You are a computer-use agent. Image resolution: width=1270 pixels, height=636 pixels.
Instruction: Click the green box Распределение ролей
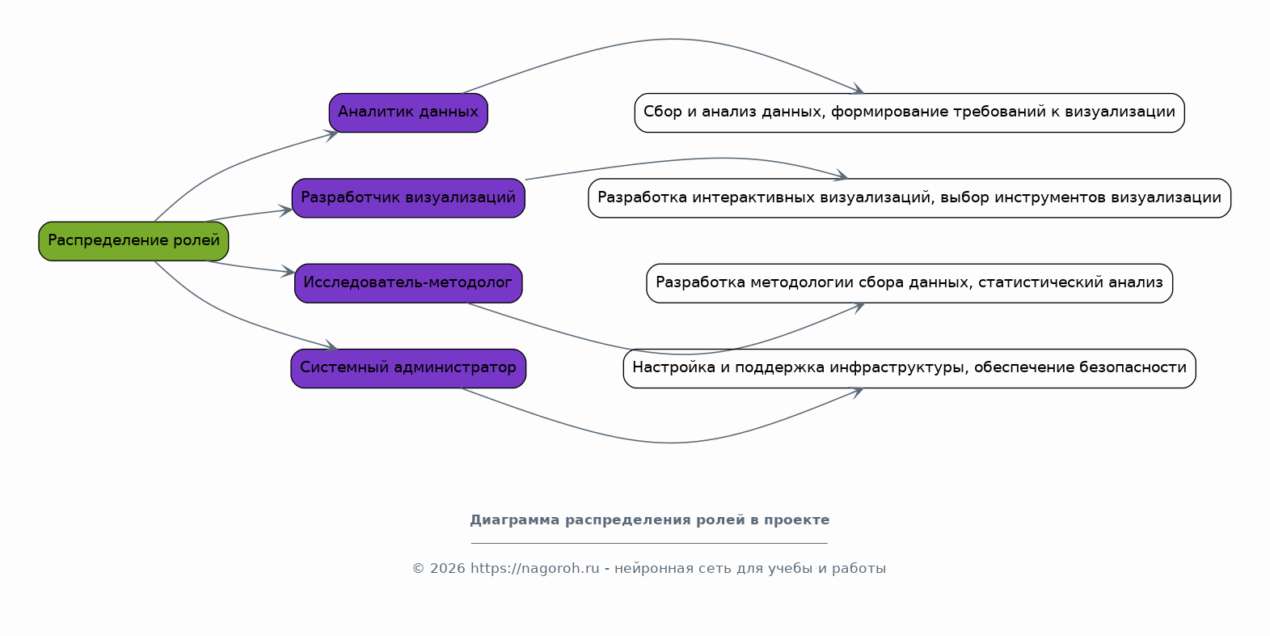tap(133, 241)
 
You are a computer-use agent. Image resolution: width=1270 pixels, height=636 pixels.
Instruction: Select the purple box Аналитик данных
tap(408, 113)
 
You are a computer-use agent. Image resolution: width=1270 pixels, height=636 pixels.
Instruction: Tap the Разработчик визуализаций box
tap(408, 198)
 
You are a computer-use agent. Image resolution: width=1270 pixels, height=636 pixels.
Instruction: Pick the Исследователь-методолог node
tap(408, 283)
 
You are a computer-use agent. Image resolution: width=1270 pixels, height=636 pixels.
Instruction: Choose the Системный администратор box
tap(408, 368)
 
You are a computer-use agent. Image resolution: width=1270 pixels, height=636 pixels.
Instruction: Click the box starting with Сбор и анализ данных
tap(909, 113)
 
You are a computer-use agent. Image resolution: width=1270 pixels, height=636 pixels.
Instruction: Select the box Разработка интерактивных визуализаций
tap(909, 198)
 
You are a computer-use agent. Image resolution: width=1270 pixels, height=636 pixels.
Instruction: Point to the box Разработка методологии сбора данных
tap(909, 283)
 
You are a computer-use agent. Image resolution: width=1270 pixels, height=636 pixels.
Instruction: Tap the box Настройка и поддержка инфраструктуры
tap(909, 368)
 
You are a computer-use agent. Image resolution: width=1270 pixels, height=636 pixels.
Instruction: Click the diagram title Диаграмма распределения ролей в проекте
tap(650, 519)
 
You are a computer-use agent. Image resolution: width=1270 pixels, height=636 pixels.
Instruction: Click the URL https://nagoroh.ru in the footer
tap(534, 569)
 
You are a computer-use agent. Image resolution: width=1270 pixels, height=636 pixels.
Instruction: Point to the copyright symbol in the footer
tap(419, 569)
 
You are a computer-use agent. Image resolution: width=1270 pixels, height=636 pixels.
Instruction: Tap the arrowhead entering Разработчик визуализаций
tap(285, 211)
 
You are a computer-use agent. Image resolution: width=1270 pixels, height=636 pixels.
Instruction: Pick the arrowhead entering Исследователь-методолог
tap(288, 271)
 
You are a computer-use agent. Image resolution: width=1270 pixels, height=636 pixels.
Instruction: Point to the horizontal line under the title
tap(649, 544)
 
